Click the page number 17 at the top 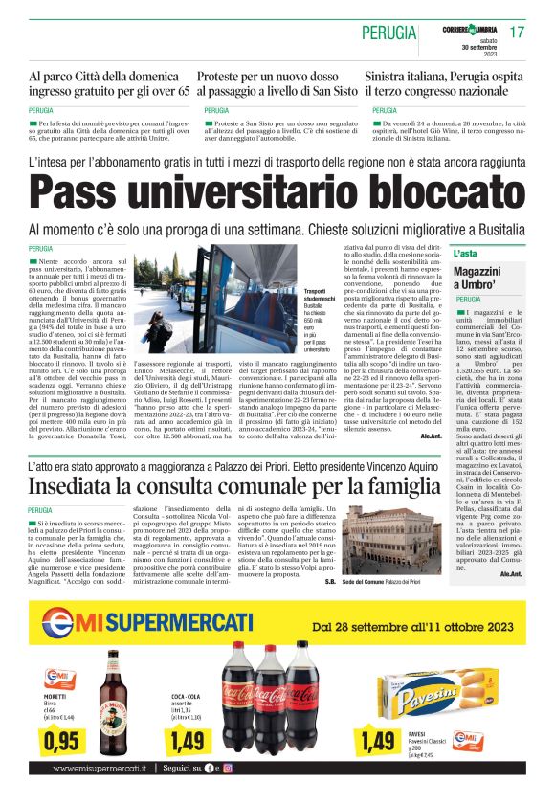click(x=517, y=32)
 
